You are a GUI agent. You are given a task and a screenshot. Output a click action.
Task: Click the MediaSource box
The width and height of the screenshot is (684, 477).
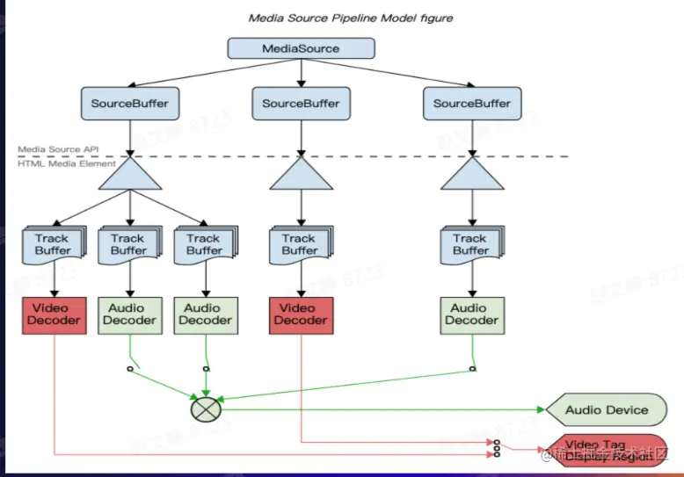(x=301, y=48)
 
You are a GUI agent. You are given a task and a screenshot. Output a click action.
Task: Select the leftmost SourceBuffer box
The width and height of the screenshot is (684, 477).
(x=129, y=104)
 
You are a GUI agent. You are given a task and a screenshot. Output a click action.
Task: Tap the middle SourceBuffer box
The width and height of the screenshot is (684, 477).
(x=301, y=104)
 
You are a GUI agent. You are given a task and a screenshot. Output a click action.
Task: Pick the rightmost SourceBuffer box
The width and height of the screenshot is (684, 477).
(x=472, y=104)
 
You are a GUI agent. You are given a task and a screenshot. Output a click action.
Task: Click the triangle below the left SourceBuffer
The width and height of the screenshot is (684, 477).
(x=129, y=173)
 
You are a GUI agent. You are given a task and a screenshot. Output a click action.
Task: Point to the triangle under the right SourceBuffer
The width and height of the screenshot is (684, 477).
(x=472, y=173)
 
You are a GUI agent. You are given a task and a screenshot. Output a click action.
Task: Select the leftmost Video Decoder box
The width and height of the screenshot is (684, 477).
(x=55, y=314)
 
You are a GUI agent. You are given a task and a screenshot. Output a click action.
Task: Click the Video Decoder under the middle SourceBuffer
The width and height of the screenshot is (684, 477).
(x=300, y=314)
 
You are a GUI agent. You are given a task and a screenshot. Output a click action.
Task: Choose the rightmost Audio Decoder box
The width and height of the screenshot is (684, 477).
(x=471, y=314)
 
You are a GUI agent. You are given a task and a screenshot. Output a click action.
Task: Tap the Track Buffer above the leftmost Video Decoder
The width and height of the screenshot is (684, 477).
(x=53, y=244)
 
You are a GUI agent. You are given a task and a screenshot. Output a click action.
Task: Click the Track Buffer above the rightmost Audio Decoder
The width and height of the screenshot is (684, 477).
(x=470, y=244)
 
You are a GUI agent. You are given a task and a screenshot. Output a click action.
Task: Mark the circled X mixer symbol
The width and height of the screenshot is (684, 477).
(x=206, y=408)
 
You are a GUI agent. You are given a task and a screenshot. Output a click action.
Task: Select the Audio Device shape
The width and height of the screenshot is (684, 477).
(x=606, y=409)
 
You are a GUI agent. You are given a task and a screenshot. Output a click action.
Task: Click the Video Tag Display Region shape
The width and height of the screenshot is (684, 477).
(x=607, y=449)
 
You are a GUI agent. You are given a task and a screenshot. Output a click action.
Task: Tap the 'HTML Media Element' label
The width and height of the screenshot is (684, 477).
(x=67, y=164)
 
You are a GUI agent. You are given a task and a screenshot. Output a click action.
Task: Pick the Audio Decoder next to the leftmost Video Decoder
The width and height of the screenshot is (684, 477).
(x=129, y=314)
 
